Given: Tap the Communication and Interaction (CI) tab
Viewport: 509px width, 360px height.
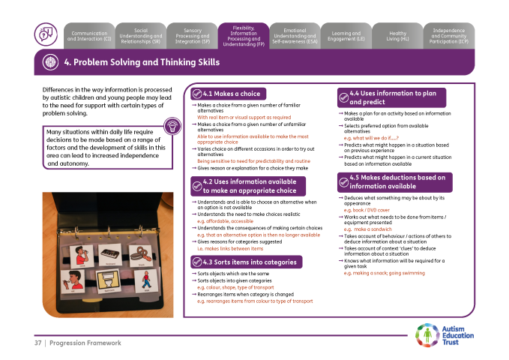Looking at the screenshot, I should [x=89, y=35].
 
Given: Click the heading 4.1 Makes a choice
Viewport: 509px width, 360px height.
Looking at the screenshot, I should [x=232, y=94].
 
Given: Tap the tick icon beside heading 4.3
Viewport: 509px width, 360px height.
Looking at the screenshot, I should [x=197, y=262].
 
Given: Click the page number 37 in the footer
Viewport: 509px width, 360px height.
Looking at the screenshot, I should [x=37, y=343].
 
